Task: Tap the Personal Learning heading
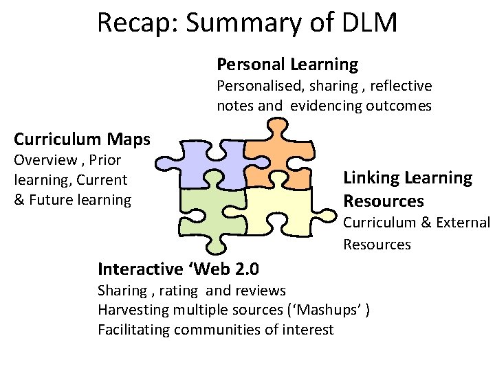tap(287, 65)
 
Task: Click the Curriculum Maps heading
tap(82, 139)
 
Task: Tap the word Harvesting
tap(133, 310)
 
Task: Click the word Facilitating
tap(134, 330)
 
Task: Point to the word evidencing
tap(326, 106)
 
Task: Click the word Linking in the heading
tap(371, 178)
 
